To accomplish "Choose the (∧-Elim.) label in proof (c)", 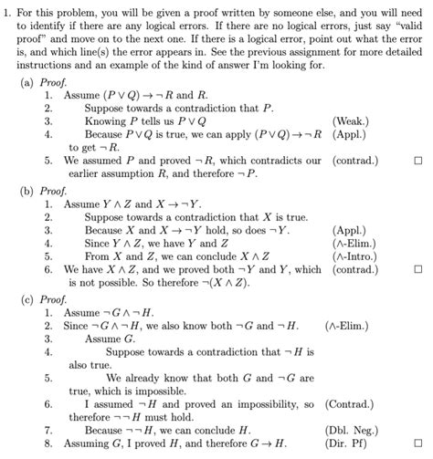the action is tap(351, 326).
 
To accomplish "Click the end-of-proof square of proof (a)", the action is tap(417, 161).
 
